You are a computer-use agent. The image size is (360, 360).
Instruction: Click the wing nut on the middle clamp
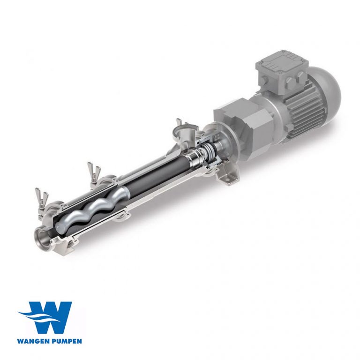point(94,169)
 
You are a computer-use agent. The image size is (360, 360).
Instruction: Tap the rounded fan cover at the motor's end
point(328,94)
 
